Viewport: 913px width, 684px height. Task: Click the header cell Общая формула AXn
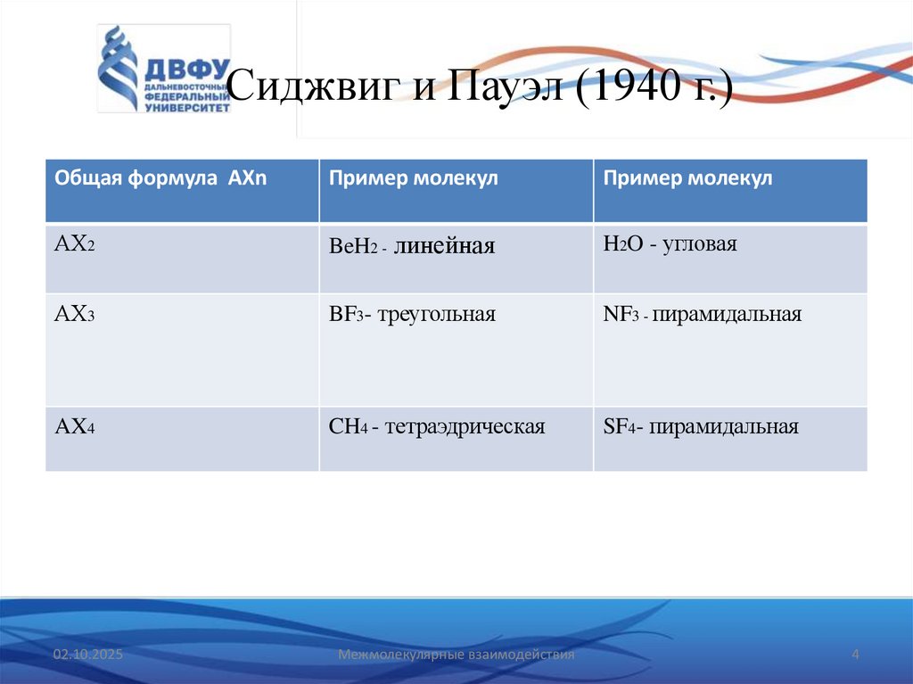pos(161,178)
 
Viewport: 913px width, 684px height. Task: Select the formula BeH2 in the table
pos(350,246)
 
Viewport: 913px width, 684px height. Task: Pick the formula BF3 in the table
pos(348,315)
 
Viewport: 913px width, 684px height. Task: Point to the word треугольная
pos(436,315)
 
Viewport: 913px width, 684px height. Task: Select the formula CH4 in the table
pos(348,427)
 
